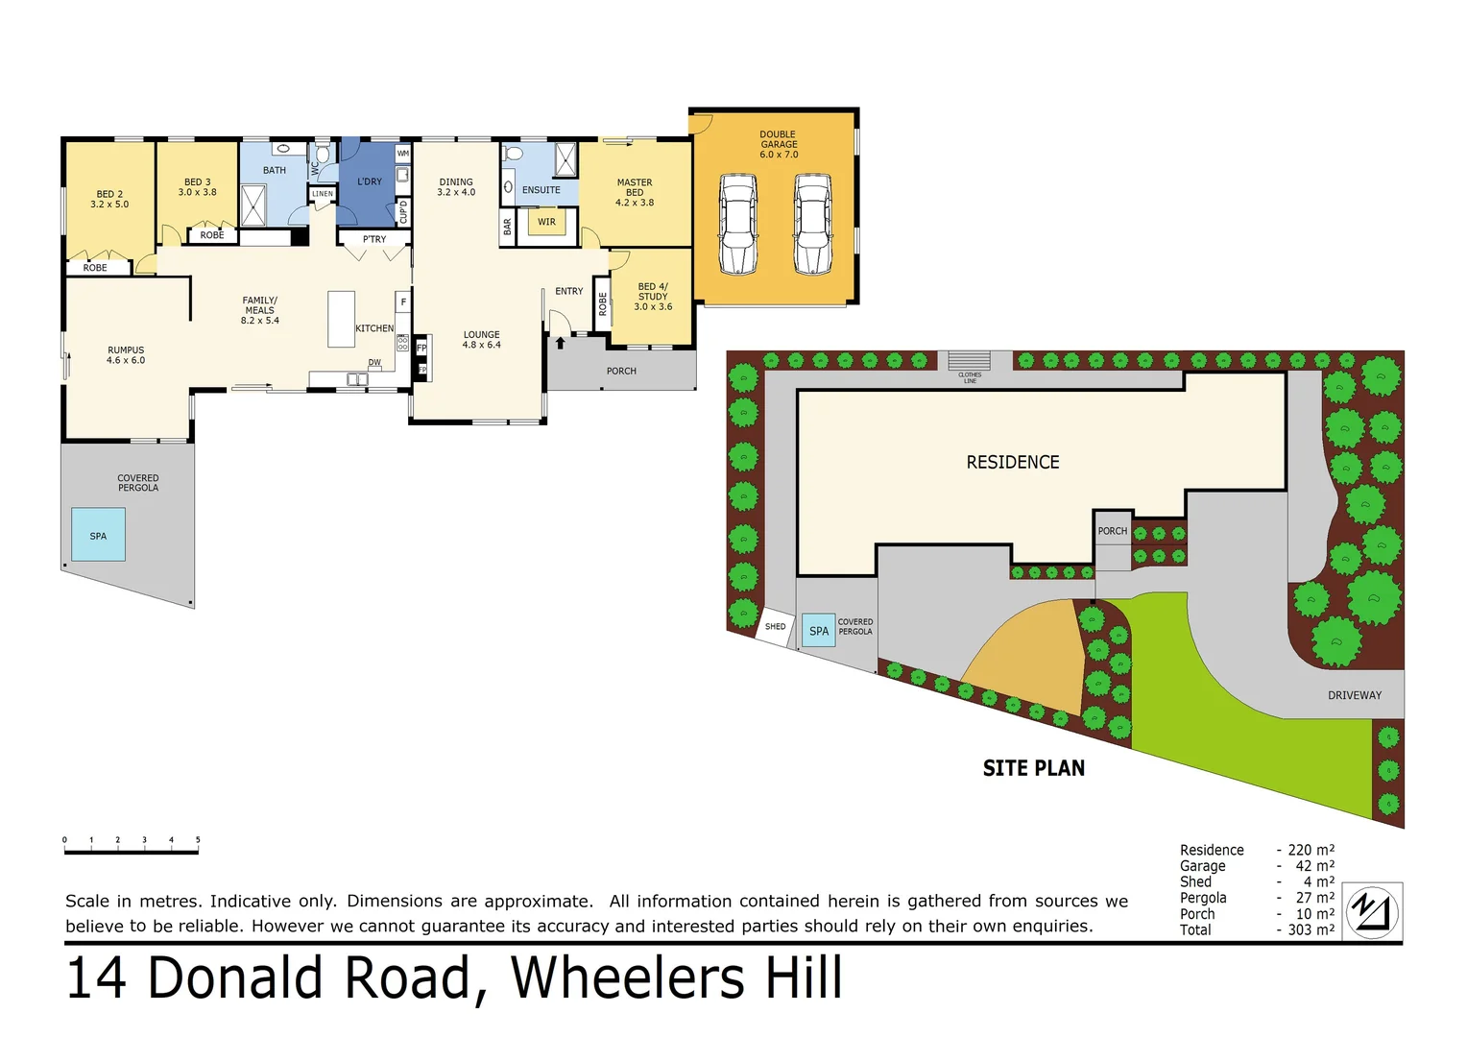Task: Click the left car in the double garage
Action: (738, 224)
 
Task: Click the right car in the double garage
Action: (812, 224)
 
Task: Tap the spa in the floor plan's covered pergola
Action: (98, 535)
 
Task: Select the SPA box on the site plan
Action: (818, 631)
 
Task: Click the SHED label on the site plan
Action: (775, 627)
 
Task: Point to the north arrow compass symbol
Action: (1372, 911)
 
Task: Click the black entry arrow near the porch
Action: (560, 342)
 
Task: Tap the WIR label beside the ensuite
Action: (546, 222)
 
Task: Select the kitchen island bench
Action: (341, 319)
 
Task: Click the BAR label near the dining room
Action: (508, 227)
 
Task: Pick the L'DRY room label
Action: (370, 181)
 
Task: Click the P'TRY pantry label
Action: (374, 239)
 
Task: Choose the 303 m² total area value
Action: (1311, 929)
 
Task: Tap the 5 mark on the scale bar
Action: (198, 841)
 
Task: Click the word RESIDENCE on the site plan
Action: (1012, 462)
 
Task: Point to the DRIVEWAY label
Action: (1354, 695)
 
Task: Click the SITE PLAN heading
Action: (1033, 768)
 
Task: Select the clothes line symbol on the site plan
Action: (969, 363)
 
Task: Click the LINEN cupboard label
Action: (323, 194)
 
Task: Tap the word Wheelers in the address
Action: (630, 978)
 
